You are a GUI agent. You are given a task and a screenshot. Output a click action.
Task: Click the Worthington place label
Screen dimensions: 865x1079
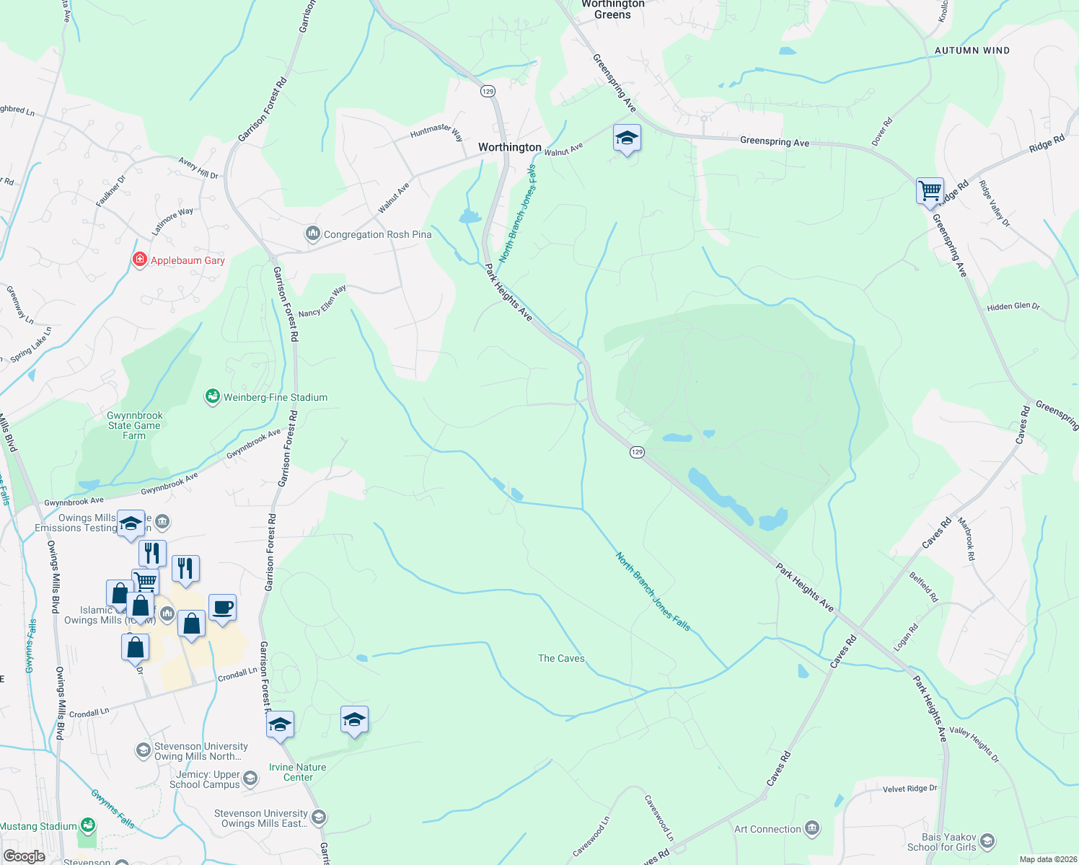tap(509, 147)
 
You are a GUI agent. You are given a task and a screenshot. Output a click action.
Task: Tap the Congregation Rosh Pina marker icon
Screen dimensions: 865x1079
tap(313, 234)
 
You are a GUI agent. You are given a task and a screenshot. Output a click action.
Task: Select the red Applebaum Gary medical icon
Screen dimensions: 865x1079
tap(140, 259)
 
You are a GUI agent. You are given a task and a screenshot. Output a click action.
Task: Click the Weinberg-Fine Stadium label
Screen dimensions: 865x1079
tap(275, 397)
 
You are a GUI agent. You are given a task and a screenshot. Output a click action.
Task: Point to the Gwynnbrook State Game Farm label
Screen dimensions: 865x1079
tap(135, 425)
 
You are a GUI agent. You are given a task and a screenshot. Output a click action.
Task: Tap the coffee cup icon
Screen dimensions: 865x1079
tap(222, 607)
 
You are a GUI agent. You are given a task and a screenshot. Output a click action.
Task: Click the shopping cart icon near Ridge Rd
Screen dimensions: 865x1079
tap(930, 191)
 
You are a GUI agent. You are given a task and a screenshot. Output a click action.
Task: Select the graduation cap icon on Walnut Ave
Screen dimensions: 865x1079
tap(627, 138)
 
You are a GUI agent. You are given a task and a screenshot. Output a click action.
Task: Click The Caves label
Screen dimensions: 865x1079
tap(561, 658)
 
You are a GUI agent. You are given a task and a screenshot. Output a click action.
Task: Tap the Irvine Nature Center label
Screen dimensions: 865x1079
tap(297, 772)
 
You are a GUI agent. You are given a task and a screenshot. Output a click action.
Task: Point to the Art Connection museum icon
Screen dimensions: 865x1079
tap(812, 828)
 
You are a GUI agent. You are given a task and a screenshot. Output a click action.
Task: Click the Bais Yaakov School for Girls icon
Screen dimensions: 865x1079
tap(987, 841)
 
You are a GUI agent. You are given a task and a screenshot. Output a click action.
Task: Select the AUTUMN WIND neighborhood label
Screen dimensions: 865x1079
tap(972, 50)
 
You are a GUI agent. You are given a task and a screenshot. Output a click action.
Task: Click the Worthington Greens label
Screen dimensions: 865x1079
tap(613, 9)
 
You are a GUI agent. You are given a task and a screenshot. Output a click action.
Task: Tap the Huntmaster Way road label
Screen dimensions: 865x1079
tap(436, 130)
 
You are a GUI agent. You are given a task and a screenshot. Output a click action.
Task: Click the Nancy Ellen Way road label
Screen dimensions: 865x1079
tap(322, 301)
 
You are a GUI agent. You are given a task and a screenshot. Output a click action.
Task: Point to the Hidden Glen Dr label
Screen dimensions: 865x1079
tap(1013, 306)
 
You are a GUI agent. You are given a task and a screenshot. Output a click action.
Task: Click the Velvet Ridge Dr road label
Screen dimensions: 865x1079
tap(910, 789)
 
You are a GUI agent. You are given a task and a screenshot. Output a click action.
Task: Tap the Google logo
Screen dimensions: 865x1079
tap(24, 856)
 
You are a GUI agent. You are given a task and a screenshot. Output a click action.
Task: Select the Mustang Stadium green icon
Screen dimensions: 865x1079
tap(87, 825)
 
